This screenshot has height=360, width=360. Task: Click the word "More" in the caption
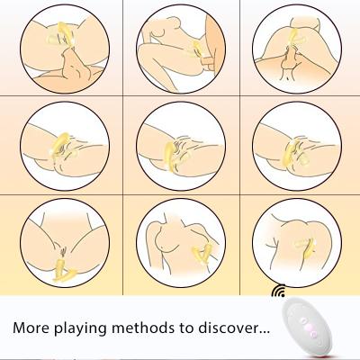coord(31,328)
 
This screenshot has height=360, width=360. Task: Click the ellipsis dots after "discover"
coord(264,332)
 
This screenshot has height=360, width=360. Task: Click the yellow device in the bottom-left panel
coord(64,271)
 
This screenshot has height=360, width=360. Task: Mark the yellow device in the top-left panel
coord(61,33)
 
